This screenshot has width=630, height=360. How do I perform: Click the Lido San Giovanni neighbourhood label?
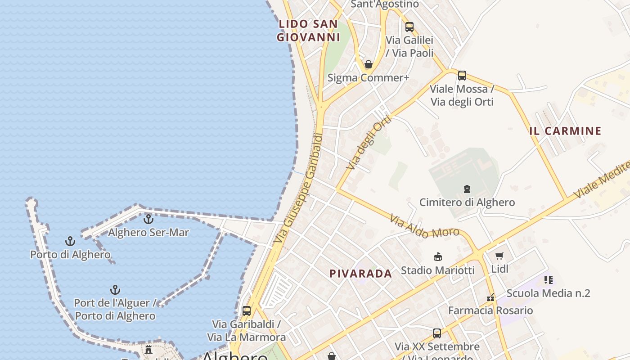[x=308, y=31]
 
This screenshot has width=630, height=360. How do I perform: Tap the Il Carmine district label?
[x=565, y=131]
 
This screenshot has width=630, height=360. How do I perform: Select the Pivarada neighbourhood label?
[x=360, y=274]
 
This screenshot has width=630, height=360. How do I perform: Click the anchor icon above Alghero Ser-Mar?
[x=148, y=219]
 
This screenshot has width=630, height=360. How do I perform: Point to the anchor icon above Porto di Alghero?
[x=70, y=241]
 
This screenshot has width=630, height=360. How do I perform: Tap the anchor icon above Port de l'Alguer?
[x=115, y=289]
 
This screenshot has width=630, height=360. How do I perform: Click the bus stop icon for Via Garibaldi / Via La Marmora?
[x=247, y=310]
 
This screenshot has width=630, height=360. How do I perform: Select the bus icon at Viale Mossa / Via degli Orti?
[x=462, y=76]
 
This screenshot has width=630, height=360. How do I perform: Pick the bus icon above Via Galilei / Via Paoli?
[x=409, y=27]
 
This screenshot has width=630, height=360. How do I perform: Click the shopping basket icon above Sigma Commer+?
[x=369, y=64]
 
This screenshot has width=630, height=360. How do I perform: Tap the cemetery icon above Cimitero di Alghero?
[x=467, y=189]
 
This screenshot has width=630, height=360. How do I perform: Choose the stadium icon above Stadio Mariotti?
[x=437, y=257]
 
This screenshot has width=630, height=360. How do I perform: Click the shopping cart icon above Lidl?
[x=499, y=256]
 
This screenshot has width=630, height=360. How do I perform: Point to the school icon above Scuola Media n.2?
[x=548, y=280]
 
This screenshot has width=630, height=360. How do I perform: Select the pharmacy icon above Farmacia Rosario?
[x=490, y=297]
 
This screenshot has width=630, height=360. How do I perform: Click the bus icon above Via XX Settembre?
[x=437, y=333]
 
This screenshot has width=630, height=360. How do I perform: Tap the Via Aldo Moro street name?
[x=424, y=226]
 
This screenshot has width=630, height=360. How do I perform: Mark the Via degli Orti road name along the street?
[x=369, y=142]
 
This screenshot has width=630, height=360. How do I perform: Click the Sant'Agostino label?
[x=384, y=4]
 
